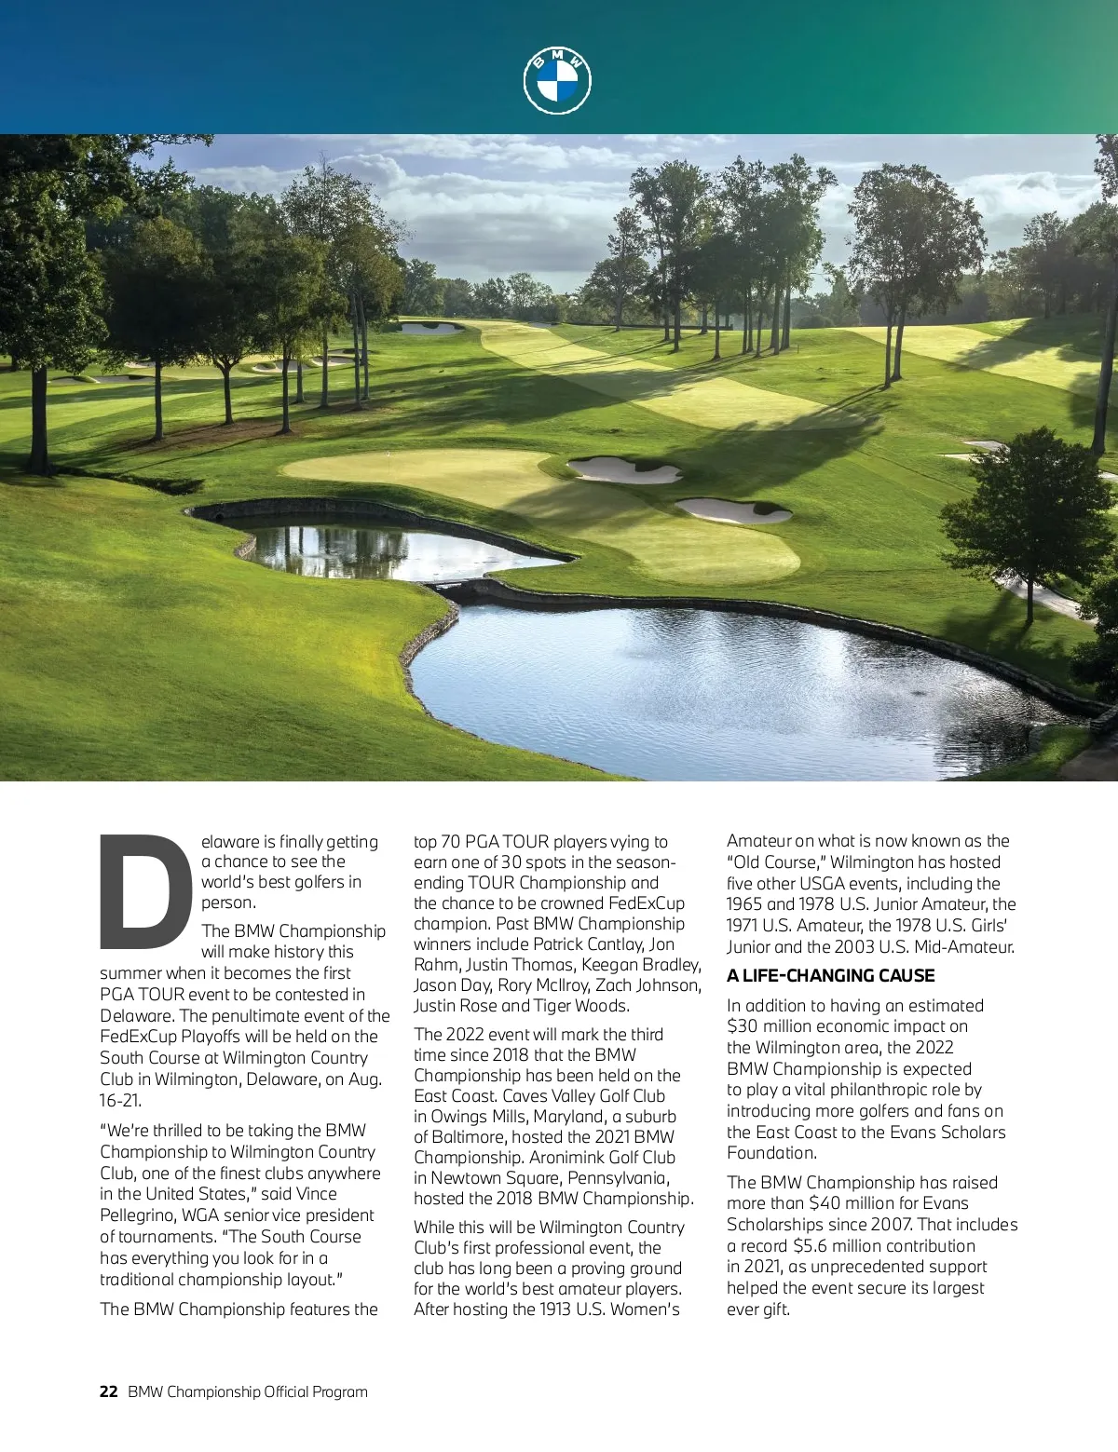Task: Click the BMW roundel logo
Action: pos(557,81)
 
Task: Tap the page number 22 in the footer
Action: pos(108,1391)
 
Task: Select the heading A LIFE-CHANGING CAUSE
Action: pos(830,975)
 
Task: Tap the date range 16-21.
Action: pos(120,1100)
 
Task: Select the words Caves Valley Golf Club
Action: pos(583,1096)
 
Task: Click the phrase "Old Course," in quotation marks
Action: pos(775,862)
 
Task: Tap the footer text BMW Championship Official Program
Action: pos(247,1391)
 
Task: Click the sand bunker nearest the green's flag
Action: pos(624,470)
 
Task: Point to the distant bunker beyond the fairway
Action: pos(430,327)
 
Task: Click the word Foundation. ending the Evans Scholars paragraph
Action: pos(771,1153)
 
